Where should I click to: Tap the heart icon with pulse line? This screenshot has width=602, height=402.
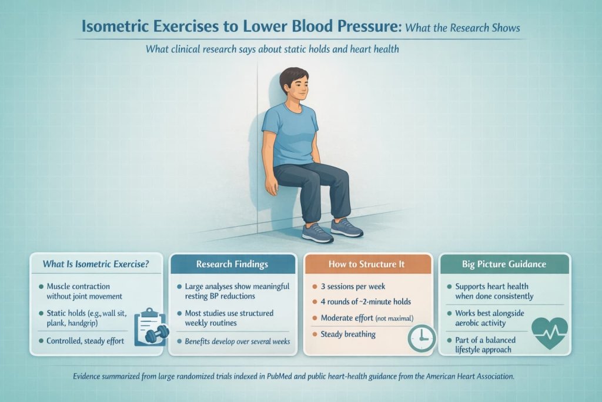tap(549, 333)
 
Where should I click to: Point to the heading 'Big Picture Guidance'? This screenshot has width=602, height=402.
tap(503, 264)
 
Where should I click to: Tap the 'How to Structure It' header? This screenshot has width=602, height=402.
tap(367, 264)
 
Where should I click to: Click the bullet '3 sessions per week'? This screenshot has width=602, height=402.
tap(353, 286)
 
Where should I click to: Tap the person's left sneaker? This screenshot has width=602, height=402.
tap(346, 227)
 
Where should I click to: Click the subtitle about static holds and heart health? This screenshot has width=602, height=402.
tap(272, 49)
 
